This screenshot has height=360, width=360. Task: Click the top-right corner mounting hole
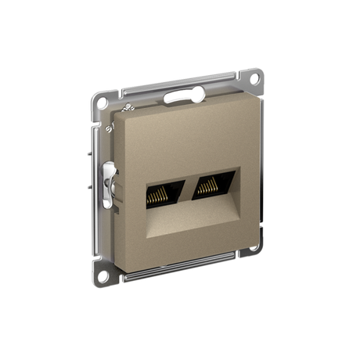(253, 78)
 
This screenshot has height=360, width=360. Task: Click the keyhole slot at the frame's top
(184, 96)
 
